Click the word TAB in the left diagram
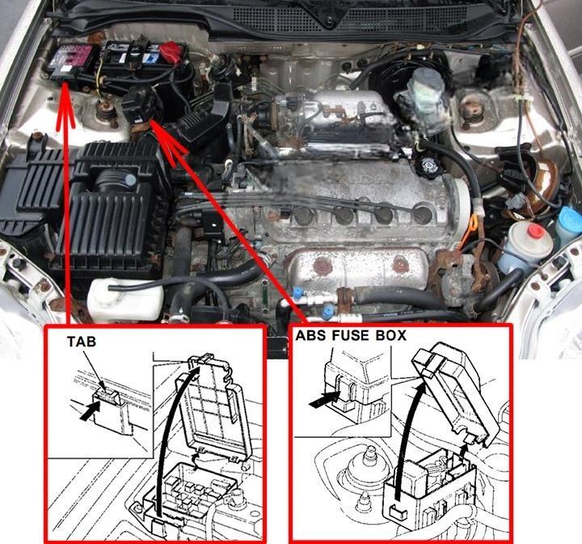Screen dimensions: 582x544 click(82, 342)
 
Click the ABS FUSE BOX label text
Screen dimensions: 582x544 click(351, 335)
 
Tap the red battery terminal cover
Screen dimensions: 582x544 click(172, 50)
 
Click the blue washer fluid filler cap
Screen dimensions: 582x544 click(570, 217)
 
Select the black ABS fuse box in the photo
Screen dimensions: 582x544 click(141, 105)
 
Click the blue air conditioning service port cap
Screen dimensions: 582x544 click(327, 312)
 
